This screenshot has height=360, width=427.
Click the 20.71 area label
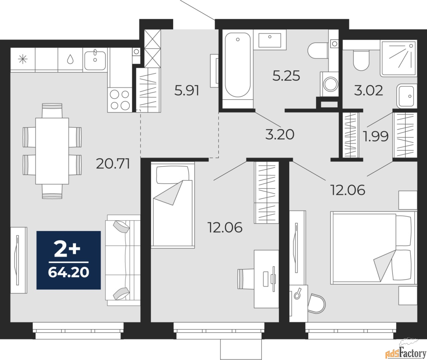click(x=113, y=164)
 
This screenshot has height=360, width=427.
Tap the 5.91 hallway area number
click(x=187, y=91)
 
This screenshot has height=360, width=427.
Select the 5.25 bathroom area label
click(x=286, y=76)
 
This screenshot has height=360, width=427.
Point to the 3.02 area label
click(x=368, y=91)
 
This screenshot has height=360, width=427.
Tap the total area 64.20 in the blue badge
click(x=68, y=273)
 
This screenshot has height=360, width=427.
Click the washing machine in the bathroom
click(x=331, y=84)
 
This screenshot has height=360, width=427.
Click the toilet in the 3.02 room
click(x=361, y=60)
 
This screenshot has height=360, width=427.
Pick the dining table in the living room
click(x=52, y=151)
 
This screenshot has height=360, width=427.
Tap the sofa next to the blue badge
click(x=123, y=260)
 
